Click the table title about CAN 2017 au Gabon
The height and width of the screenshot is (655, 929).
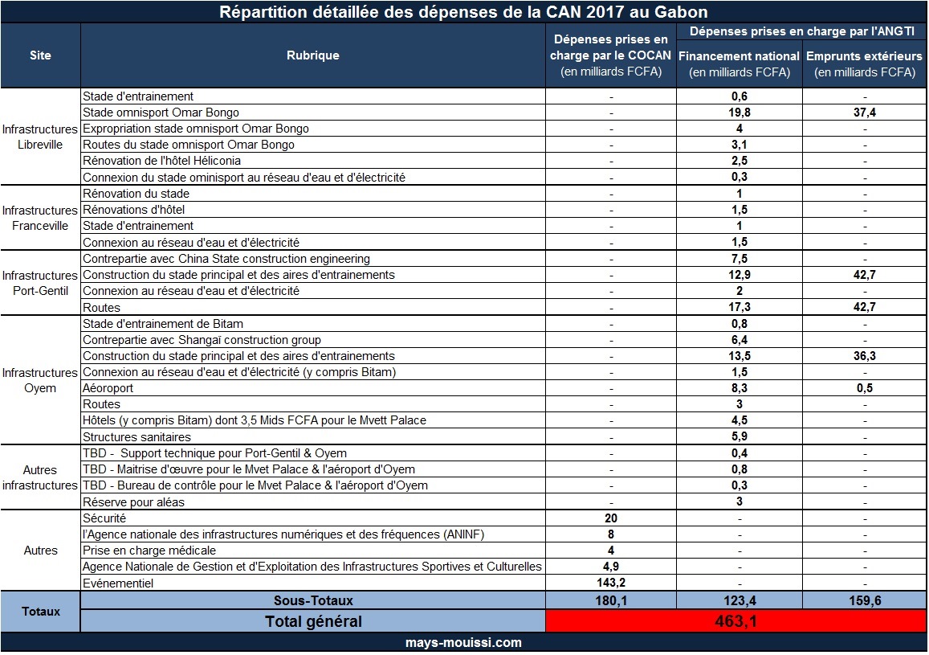pyautogui.click(x=464, y=12)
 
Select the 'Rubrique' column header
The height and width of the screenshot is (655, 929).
pyautogui.click(x=312, y=55)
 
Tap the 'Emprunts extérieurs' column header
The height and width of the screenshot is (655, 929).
pyautogui.click(x=864, y=56)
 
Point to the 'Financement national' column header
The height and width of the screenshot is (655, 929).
pyautogui.click(x=739, y=56)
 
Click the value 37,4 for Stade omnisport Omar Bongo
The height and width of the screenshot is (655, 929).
pyautogui.click(x=864, y=113)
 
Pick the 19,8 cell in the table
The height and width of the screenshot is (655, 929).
pyautogui.click(x=739, y=113)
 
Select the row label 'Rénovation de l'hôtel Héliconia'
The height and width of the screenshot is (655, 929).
pyautogui.click(x=161, y=161)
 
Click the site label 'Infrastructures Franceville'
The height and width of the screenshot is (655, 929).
pyautogui.click(x=40, y=218)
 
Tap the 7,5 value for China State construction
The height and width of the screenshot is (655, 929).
pyautogui.click(x=739, y=259)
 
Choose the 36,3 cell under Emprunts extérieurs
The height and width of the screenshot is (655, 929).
pyautogui.click(x=864, y=356)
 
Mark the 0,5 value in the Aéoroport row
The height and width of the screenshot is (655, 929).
pyautogui.click(x=864, y=388)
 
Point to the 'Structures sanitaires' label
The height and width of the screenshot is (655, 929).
pyautogui.click(x=136, y=437)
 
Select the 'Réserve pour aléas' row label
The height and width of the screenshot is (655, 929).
pyautogui.click(x=133, y=502)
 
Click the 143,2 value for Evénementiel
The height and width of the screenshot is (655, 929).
pyautogui.click(x=611, y=583)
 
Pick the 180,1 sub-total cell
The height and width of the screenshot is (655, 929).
pyautogui.click(x=611, y=600)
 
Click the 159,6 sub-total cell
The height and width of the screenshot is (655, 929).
pyautogui.click(x=864, y=600)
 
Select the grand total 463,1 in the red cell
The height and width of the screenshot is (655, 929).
pyautogui.click(x=735, y=621)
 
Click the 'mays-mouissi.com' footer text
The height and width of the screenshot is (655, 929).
pyautogui.click(x=464, y=643)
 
